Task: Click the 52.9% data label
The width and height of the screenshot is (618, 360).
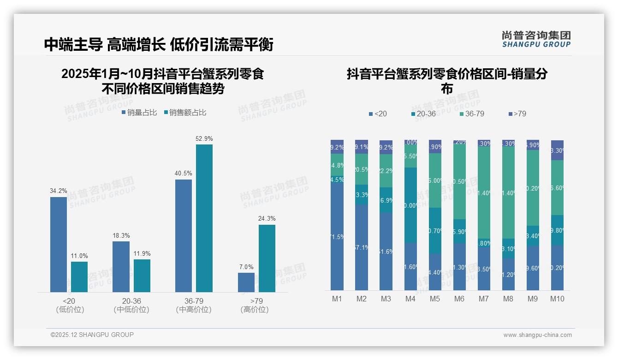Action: point(204,138)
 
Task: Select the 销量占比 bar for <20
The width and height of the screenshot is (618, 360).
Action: point(59,244)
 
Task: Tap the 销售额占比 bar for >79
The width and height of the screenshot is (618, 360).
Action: point(267,258)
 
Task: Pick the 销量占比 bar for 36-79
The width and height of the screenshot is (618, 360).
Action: point(184,235)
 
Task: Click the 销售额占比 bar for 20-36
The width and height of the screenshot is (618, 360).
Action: point(142,276)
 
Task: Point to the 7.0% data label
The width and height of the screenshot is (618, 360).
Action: point(246,267)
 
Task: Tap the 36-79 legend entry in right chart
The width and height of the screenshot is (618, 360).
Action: point(472,114)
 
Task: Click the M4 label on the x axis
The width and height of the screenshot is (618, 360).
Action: point(410,299)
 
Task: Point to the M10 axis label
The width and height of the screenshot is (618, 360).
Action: point(557,299)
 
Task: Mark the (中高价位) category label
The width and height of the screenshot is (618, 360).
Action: point(194,310)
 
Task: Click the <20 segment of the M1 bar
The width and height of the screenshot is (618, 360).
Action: point(337,236)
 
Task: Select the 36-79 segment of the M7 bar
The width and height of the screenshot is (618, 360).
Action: point(484,192)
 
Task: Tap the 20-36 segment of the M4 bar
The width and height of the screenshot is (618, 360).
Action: point(410,205)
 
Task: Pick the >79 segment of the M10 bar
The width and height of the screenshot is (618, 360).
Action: point(557,150)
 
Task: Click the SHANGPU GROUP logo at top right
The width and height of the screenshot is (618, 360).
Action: point(536,39)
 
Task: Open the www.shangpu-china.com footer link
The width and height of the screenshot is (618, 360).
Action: point(537,335)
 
